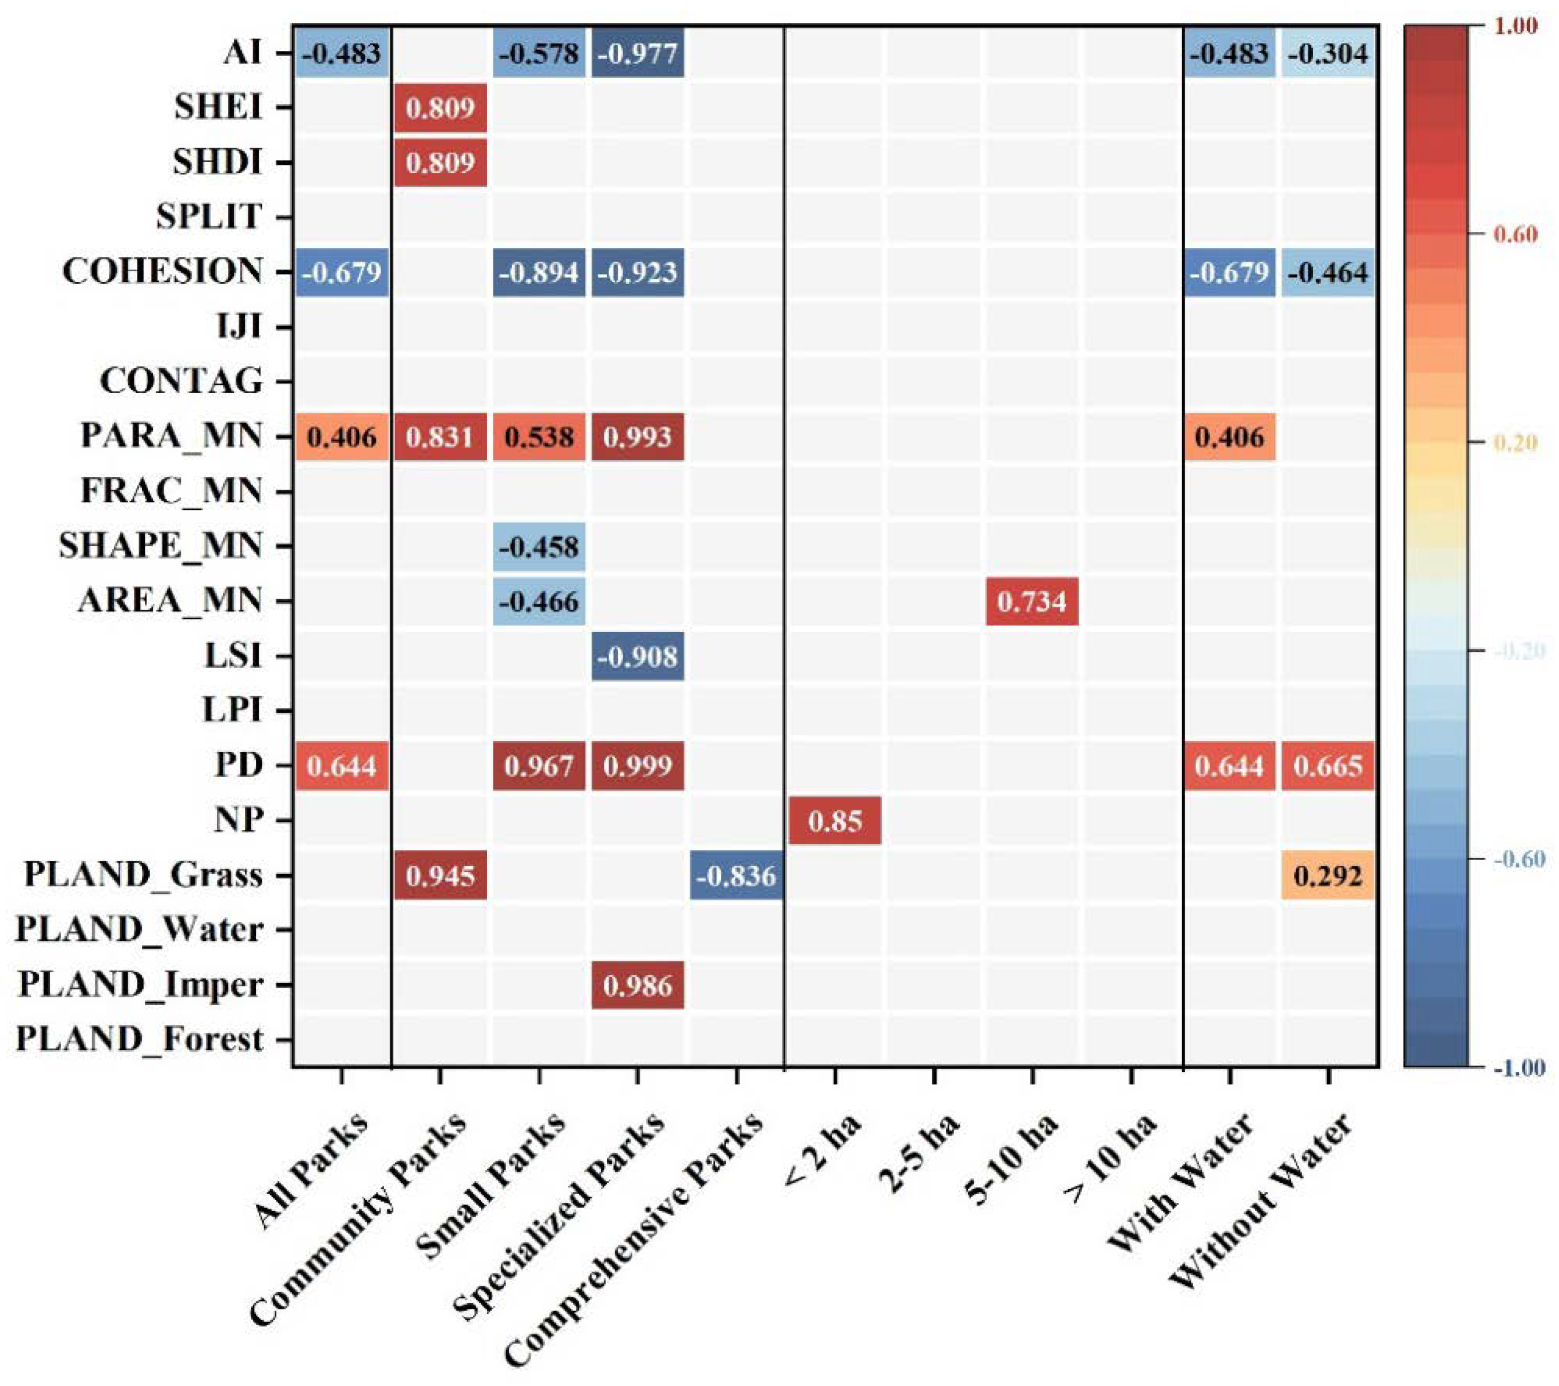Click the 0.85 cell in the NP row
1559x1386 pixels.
tap(834, 821)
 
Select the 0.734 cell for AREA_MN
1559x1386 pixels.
tap(1031, 601)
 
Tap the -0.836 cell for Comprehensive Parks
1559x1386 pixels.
tap(737, 875)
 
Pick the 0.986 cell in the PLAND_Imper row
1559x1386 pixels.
tap(638, 985)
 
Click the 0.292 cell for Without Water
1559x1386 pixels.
tap(1328, 875)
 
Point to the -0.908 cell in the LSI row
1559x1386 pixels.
tap(638, 656)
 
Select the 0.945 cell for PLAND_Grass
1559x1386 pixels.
tap(441, 875)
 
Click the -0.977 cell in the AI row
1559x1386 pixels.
tap(638, 53)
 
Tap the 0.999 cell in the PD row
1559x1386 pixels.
tap(638, 765)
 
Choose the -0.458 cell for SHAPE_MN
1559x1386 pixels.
tap(539, 546)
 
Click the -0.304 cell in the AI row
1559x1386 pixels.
tap(1328, 53)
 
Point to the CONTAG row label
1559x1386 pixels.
tap(181, 381)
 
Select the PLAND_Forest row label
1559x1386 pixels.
tap(140, 1039)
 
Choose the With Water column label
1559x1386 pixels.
tap(1182, 1178)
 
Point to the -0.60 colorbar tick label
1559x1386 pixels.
tap(1518, 859)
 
